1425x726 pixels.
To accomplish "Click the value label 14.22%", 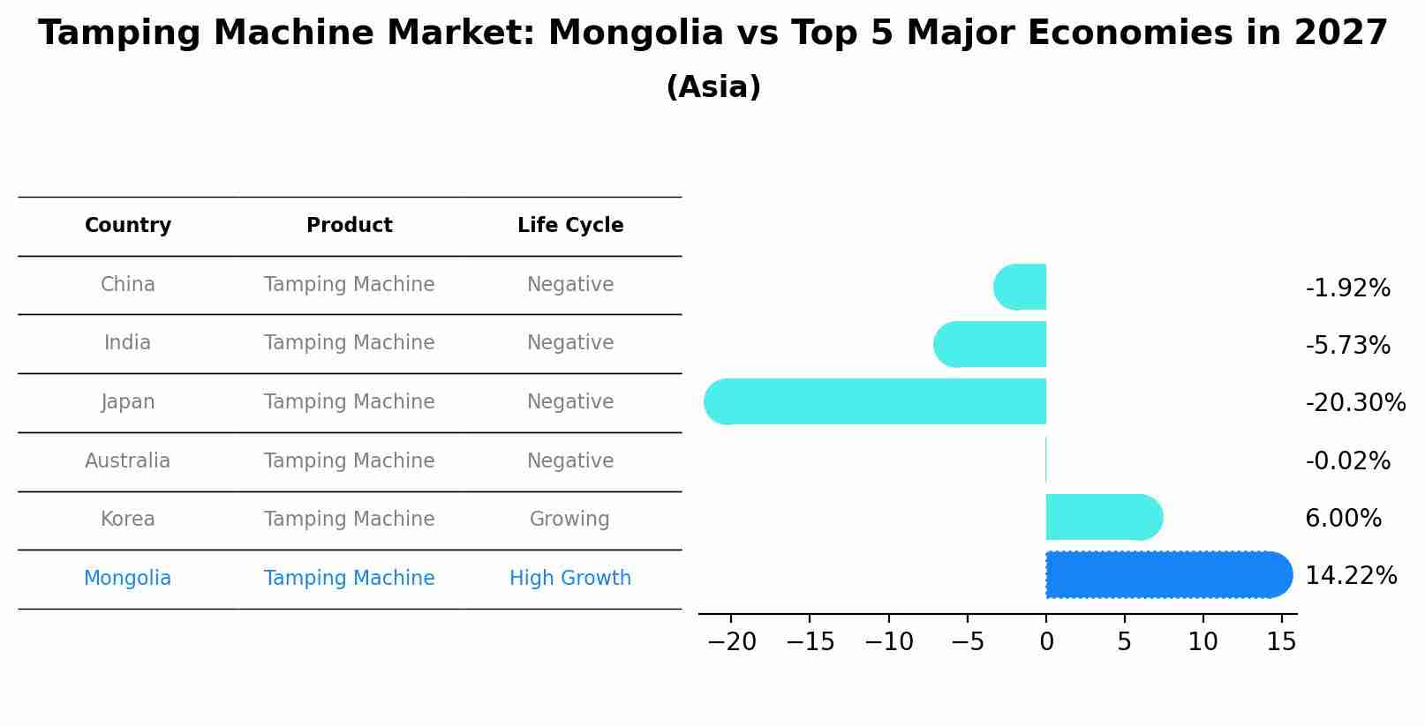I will point(1350,576).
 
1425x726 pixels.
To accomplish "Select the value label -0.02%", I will point(1347,461).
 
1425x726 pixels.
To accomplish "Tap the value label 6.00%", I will point(1342,519).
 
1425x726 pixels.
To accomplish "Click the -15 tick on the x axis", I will point(810,642).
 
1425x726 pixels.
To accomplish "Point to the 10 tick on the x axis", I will point(1203,642).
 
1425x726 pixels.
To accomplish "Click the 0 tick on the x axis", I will point(1046,642).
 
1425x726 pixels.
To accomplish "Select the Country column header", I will point(128,226).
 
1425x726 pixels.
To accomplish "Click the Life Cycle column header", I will point(570,226).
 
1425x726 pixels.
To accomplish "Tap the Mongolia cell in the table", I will point(128,579).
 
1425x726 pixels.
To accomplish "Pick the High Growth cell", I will point(570,579).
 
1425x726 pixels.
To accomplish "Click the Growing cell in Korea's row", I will point(569,520).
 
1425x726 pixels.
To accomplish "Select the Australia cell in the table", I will point(128,461).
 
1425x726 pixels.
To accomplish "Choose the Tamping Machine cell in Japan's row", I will point(349,402).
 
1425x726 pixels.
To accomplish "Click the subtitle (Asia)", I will point(713,87).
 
